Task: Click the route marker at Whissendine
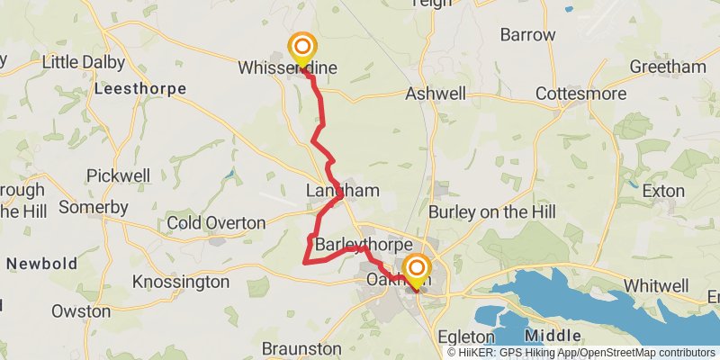(301, 48)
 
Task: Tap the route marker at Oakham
(416, 268)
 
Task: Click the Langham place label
(342, 191)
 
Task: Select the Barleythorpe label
(364, 245)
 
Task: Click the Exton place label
(663, 191)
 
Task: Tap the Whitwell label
(656, 285)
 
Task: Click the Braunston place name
(301, 348)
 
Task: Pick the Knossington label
(181, 282)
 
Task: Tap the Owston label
(81, 312)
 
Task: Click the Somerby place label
(94, 208)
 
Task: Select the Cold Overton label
(216, 222)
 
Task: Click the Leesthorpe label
(139, 89)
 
